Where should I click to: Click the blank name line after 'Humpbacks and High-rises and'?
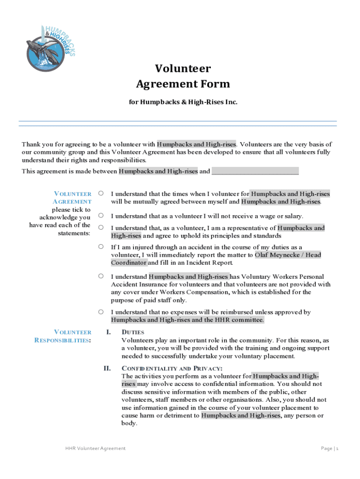pyautogui.click(x=255, y=171)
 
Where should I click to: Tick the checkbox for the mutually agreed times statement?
pyautogui.click(x=101, y=193)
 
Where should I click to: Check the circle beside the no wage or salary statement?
pyautogui.click(x=101, y=216)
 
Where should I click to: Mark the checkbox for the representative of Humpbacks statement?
pyautogui.click(x=101, y=227)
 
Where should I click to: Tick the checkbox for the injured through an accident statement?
pyautogui.click(x=101, y=247)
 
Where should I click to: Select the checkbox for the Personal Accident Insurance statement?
pyautogui.click(x=101, y=276)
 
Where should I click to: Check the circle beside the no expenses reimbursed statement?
pyautogui.click(x=101, y=312)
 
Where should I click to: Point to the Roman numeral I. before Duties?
pyautogui.click(x=108, y=332)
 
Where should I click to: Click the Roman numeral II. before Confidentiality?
pyautogui.click(x=107, y=368)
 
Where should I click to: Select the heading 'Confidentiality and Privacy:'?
pyautogui.click(x=169, y=368)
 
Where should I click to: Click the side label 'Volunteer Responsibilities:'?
pyautogui.click(x=63, y=336)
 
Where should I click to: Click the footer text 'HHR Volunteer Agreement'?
pyautogui.click(x=95, y=449)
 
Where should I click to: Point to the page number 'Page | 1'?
pyautogui.click(x=329, y=449)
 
